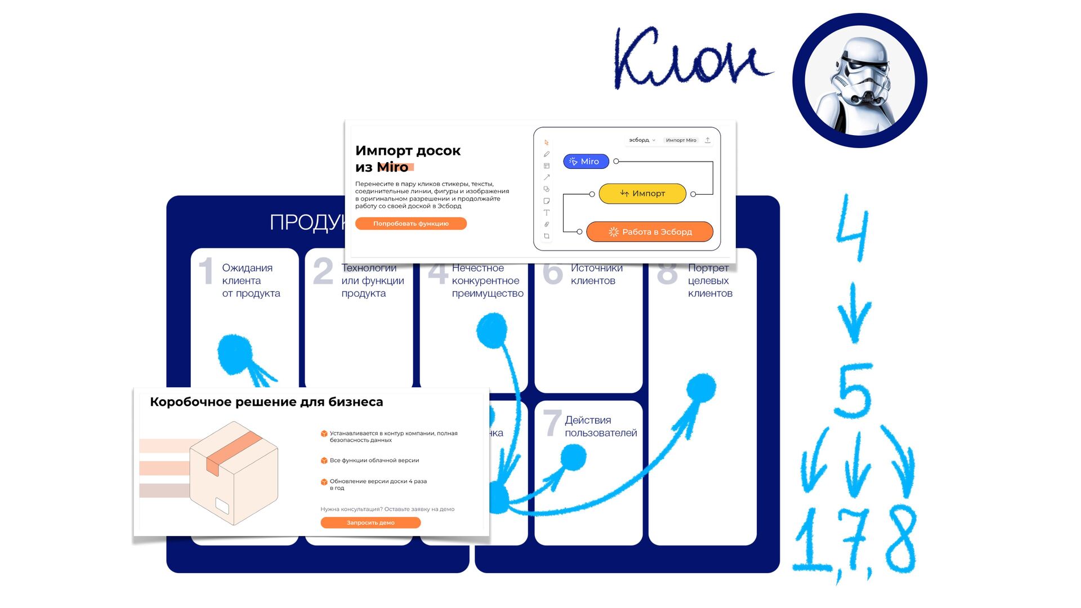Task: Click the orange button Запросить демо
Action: (370, 523)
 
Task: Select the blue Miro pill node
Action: (586, 162)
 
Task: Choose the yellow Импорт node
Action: (642, 194)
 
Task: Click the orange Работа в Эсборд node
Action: (650, 232)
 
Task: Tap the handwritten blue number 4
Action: (853, 228)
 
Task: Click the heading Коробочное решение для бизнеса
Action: (266, 402)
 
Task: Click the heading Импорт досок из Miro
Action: (408, 159)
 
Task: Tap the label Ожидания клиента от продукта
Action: (251, 280)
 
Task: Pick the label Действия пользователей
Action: (600, 426)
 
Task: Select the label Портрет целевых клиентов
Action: (709, 280)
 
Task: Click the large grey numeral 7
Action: (552, 423)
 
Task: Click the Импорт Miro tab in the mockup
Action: (681, 140)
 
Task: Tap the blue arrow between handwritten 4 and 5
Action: (854, 312)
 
